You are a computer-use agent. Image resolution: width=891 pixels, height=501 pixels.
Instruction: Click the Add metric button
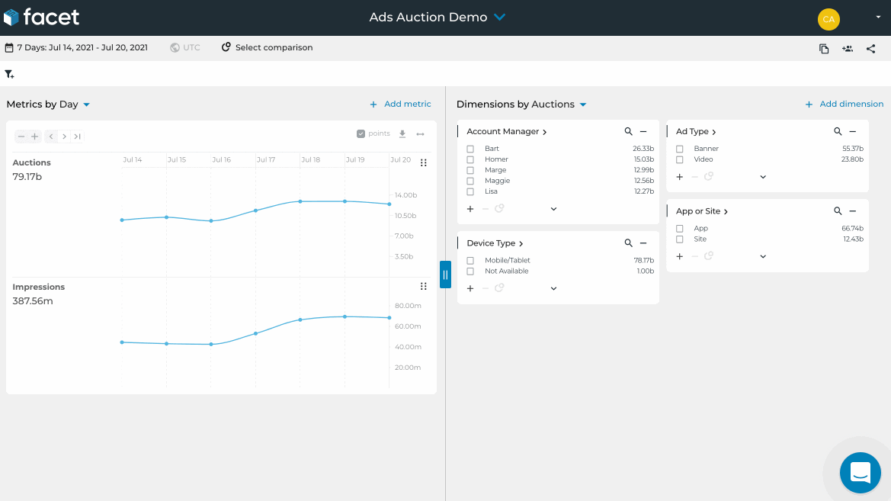400,104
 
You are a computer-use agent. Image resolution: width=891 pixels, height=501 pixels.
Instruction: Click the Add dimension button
844,104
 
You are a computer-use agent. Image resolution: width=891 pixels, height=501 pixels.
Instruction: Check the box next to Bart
470,149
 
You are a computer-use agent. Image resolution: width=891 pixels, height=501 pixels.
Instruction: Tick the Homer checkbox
470,160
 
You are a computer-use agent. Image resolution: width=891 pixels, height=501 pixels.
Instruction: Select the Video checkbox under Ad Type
680,160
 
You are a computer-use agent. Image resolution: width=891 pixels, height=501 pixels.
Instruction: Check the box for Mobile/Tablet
470,261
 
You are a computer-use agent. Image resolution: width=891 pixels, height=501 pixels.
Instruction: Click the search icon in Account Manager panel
628,132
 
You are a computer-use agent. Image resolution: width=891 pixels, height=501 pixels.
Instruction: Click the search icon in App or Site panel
838,211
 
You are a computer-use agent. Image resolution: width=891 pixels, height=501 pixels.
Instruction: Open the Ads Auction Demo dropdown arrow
500,17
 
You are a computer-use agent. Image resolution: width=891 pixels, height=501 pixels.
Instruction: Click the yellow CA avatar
829,19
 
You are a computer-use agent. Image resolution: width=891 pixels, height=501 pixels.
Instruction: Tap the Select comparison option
267,47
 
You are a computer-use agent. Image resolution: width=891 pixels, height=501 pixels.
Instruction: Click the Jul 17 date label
266,160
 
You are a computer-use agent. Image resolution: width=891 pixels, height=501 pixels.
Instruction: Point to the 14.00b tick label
405,195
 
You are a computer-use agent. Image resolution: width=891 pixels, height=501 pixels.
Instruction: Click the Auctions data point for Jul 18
300,201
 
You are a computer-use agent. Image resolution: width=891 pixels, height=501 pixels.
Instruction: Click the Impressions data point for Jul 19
345,316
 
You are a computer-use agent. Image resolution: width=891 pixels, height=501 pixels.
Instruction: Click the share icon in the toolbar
870,49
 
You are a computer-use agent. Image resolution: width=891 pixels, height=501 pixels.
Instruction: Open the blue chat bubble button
860,473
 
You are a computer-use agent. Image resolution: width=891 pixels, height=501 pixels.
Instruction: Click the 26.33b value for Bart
643,149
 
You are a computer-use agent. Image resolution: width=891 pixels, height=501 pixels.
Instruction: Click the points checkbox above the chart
361,134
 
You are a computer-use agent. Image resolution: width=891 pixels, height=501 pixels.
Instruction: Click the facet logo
41,17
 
